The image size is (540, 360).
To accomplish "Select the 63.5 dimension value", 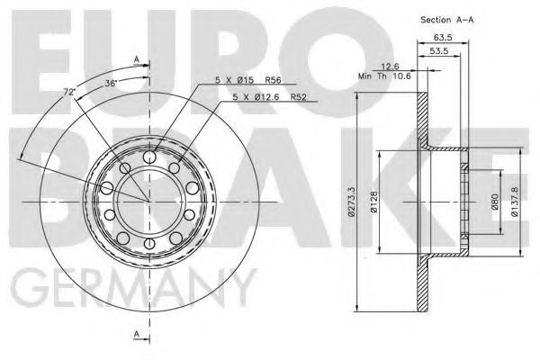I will (441, 39).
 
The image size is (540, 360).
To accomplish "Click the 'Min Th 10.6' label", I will (384, 76).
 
